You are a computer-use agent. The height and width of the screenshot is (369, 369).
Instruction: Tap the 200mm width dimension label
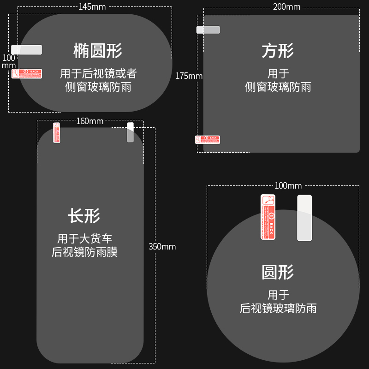(x=286, y=6)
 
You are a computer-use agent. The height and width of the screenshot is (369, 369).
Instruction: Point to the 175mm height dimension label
(x=189, y=76)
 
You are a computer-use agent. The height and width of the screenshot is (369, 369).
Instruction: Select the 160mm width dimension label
(x=90, y=121)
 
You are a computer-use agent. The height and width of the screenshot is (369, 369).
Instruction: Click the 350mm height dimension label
(x=162, y=246)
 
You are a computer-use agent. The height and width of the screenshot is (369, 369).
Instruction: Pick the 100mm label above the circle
(x=288, y=185)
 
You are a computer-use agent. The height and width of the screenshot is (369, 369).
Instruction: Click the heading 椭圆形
(x=98, y=51)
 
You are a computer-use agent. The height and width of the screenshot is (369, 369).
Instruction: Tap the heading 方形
(x=278, y=51)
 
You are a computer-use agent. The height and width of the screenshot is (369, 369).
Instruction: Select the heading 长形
(x=84, y=215)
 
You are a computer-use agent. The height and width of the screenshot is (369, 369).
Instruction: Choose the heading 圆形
(x=278, y=272)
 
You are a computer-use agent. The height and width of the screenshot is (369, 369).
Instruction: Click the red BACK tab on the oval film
(x=27, y=73)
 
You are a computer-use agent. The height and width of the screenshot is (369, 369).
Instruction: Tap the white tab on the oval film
(x=27, y=49)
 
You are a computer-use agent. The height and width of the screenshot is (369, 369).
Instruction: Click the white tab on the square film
(x=208, y=30)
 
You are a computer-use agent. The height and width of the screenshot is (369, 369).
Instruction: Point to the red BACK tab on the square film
(x=208, y=139)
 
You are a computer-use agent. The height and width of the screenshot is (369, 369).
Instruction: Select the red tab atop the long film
(x=57, y=132)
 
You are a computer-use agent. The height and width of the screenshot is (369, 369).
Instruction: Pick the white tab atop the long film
(x=130, y=132)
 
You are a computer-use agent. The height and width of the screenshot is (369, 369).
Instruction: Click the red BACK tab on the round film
(x=268, y=217)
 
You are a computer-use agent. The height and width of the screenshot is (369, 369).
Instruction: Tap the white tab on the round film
(x=304, y=218)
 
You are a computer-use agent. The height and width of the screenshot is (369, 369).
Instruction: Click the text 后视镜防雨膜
(x=85, y=252)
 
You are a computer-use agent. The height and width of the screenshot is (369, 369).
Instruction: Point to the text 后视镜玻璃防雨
(x=278, y=309)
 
